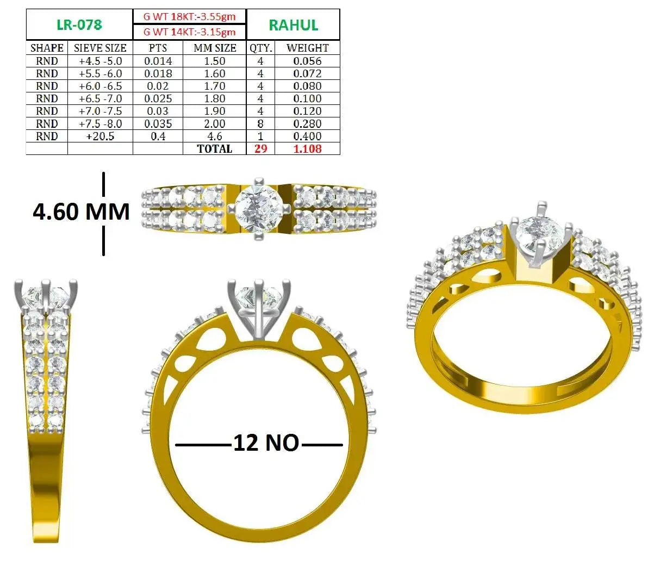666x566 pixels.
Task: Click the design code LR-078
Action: click(79, 25)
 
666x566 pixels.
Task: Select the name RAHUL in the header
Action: click(293, 25)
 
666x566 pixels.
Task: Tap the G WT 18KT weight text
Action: click(189, 16)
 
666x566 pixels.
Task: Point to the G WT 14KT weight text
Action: click(189, 32)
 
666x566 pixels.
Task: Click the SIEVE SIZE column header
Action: click(100, 48)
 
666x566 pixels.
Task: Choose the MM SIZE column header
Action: click(215, 48)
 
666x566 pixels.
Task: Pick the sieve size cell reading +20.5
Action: click(100, 136)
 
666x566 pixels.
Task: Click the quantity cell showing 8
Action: click(260, 124)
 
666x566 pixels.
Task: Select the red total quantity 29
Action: click(260, 149)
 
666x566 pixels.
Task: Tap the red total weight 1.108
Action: click(307, 149)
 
